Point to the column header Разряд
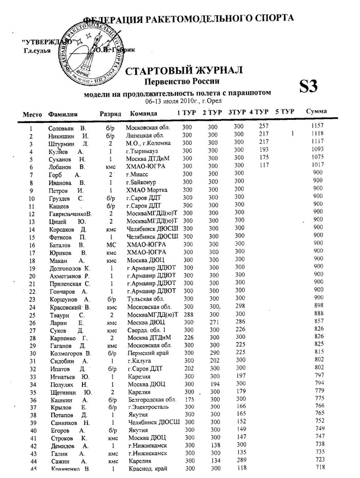pyautogui.click(x=110, y=113)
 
